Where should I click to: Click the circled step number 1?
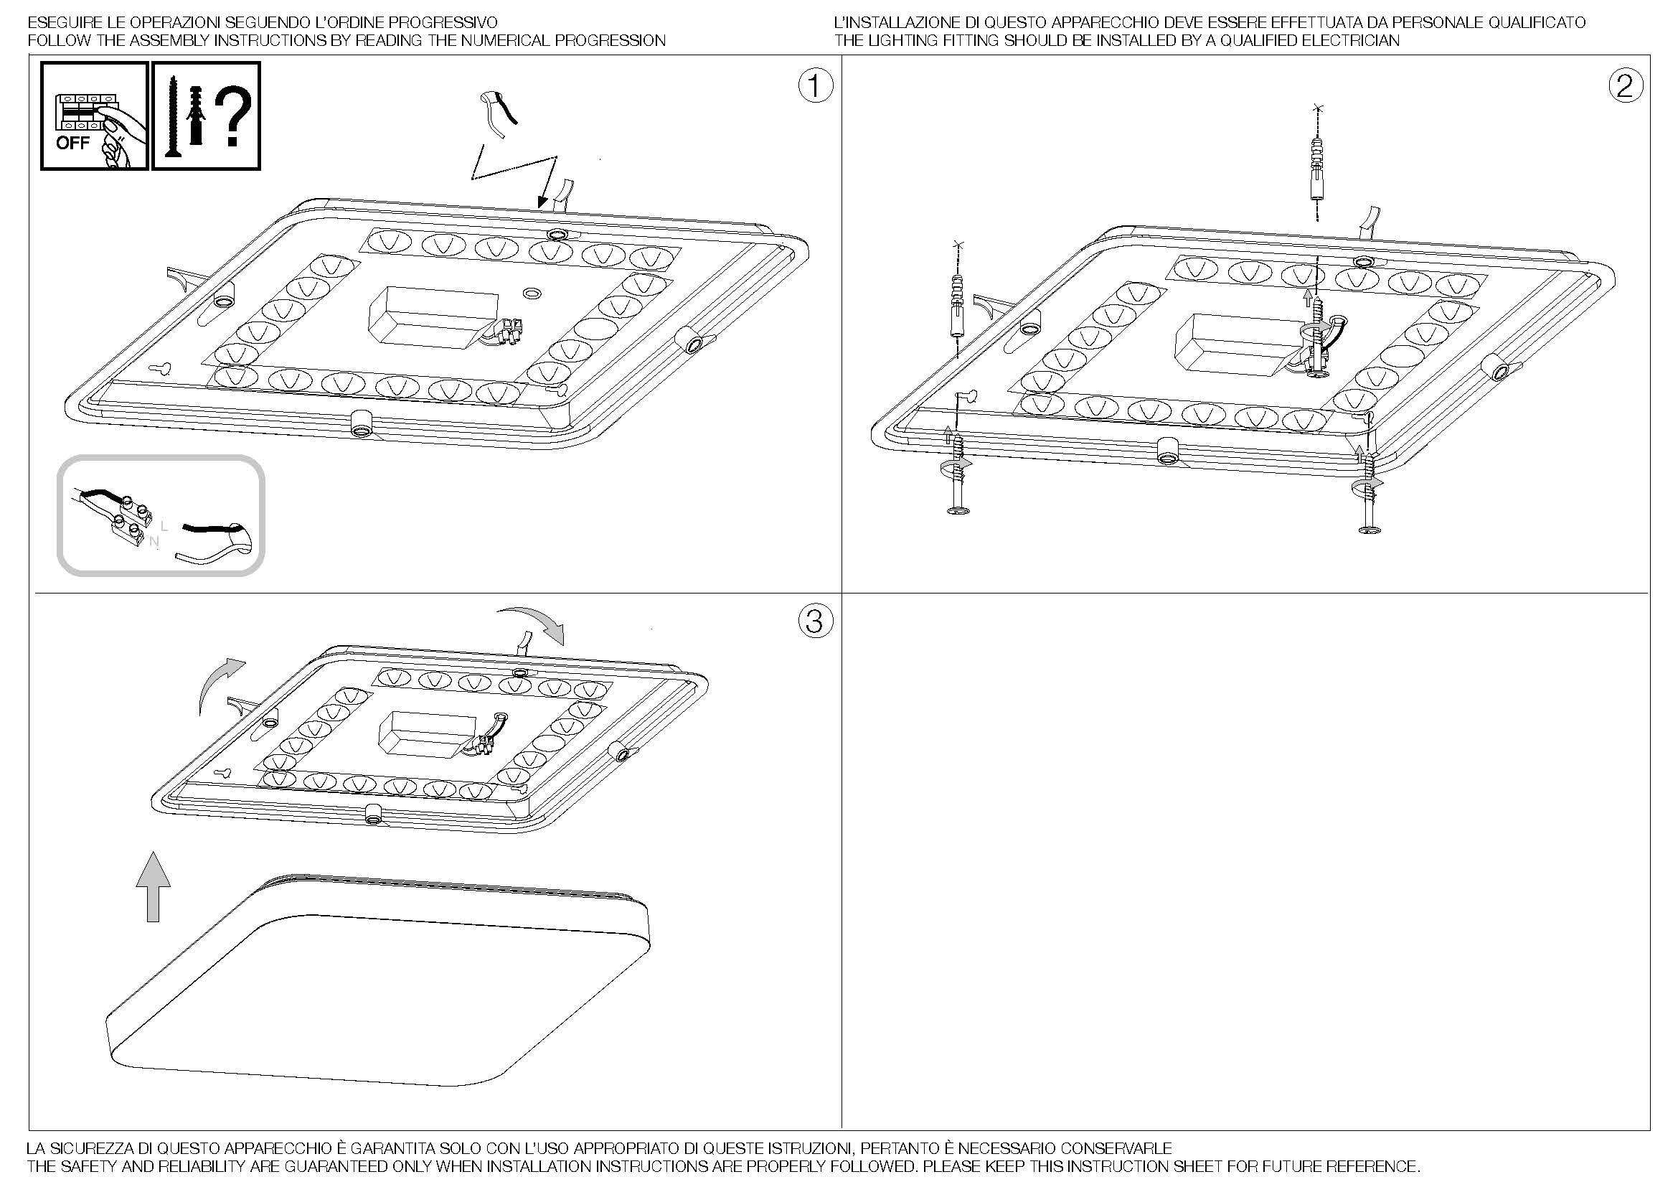815,87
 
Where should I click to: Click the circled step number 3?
815,621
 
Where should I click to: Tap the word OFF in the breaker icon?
72,143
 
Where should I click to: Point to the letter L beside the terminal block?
164,525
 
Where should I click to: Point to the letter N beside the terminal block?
154,542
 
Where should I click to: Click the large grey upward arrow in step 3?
153,886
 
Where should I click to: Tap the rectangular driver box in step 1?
433,316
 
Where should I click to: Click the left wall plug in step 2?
957,307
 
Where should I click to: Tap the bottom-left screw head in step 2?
958,510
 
